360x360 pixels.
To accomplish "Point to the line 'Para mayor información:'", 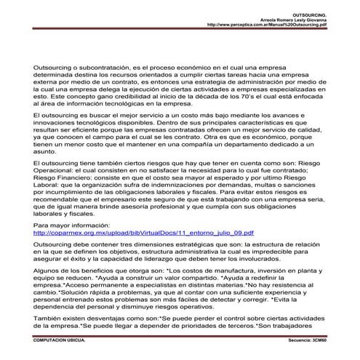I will (x=70, y=225).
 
